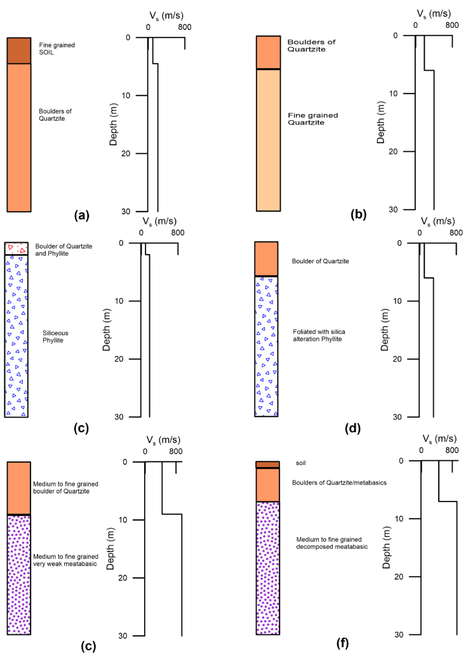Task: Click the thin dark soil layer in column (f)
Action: [x=267, y=465]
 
